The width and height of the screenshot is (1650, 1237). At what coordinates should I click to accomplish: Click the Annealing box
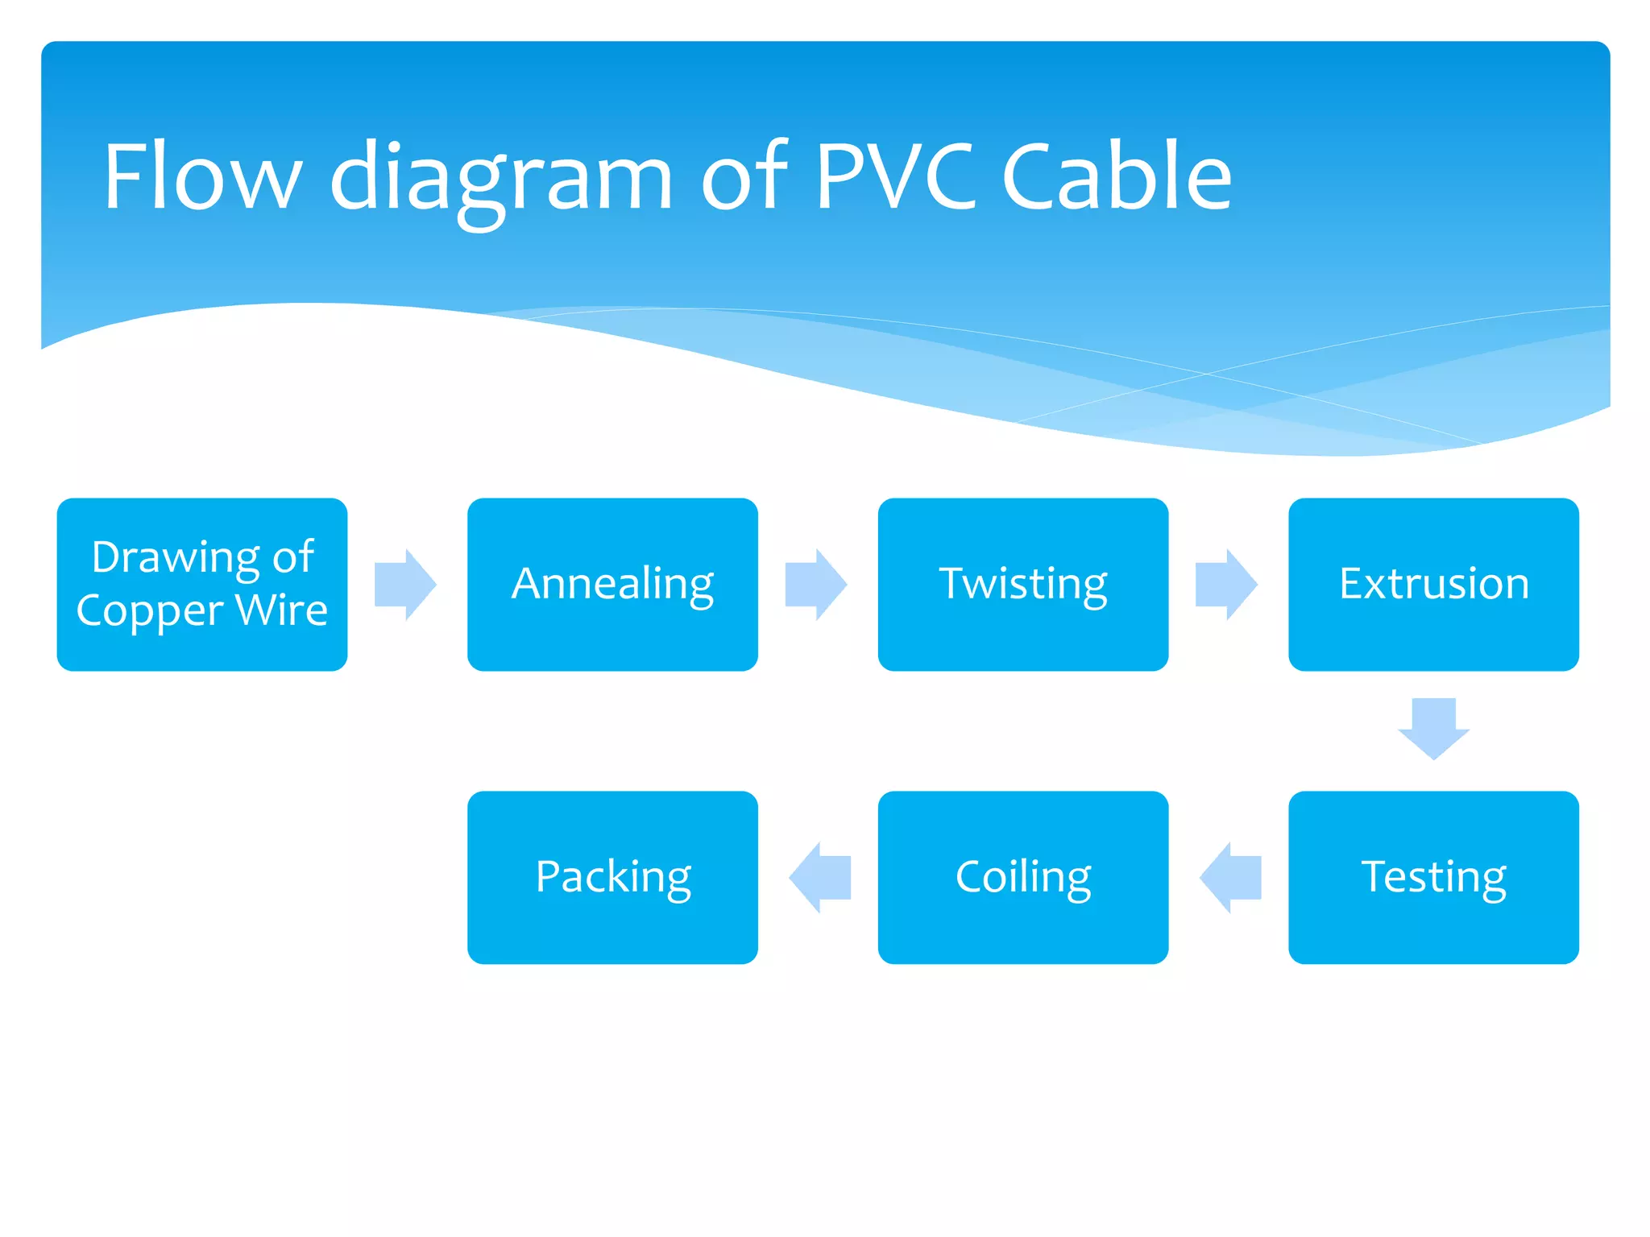click(x=612, y=584)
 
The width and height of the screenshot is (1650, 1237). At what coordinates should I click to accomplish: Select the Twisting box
click(x=1022, y=584)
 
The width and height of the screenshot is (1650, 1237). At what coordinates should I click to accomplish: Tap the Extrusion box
click(x=1433, y=584)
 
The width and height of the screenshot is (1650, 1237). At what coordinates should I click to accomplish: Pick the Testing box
click(x=1433, y=877)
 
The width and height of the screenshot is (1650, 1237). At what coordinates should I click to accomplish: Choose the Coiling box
click(x=1022, y=877)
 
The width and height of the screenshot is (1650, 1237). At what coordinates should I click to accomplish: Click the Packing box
click(x=612, y=877)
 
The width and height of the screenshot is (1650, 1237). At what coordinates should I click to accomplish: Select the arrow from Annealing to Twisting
click(x=815, y=585)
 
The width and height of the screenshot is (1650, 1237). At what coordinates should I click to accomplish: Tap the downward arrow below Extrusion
click(x=1434, y=728)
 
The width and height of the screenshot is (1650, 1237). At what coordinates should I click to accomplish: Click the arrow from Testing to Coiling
click(x=1230, y=878)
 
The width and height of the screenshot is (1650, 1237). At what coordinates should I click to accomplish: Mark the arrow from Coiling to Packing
click(x=820, y=878)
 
